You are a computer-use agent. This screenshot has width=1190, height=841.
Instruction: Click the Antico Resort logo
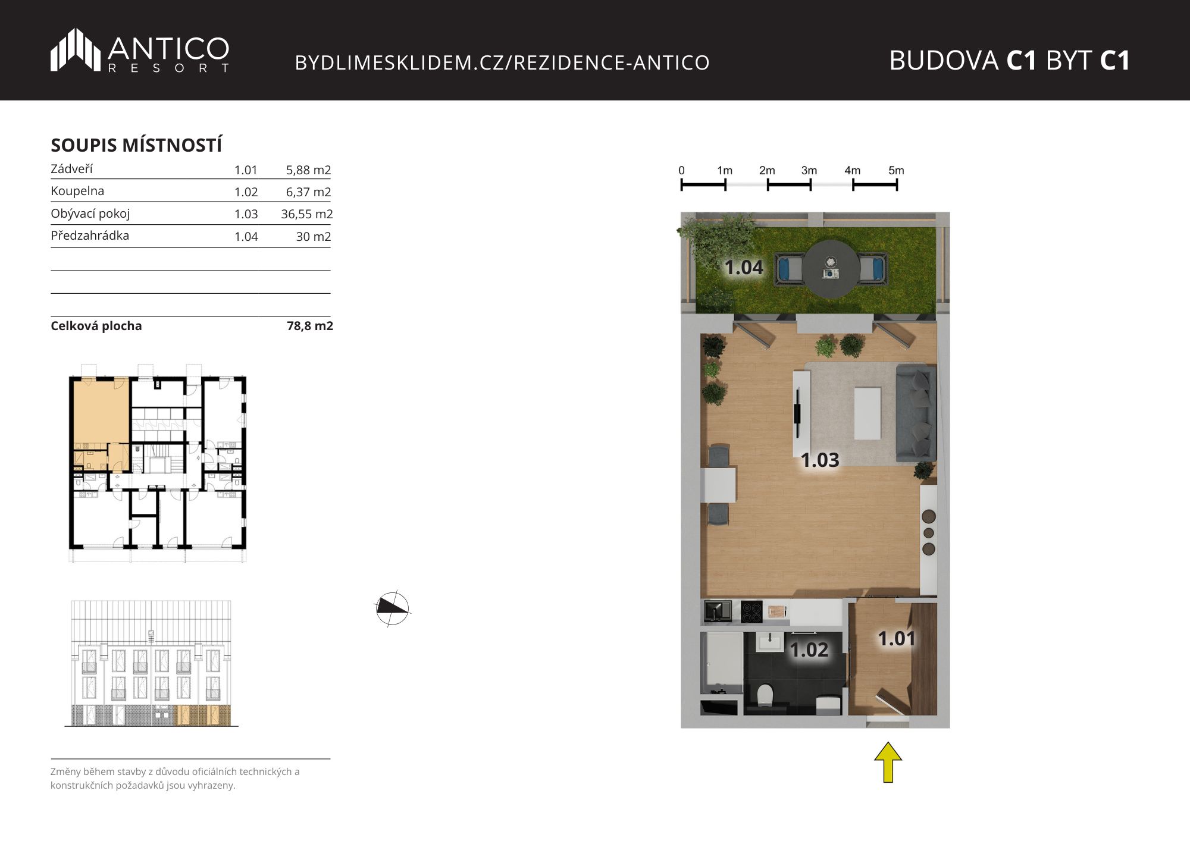(140, 51)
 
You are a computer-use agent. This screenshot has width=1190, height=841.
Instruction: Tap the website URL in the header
(502, 62)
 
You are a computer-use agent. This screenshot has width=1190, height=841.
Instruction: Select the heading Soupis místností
(136, 145)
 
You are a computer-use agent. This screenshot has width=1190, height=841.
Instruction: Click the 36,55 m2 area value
(307, 214)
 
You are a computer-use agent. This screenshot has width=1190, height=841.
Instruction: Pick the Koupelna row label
(77, 191)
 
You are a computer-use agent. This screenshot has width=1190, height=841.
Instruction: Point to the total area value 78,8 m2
(310, 326)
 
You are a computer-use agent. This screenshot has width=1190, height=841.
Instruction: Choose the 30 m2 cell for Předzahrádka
(314, 237)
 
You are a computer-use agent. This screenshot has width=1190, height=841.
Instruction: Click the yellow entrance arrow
(888, 762)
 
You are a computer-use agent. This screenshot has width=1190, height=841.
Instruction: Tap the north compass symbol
(392, 608)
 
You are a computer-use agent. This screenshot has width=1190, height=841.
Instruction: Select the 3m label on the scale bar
(809, 171)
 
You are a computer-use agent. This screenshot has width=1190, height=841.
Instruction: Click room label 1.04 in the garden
(744, 268)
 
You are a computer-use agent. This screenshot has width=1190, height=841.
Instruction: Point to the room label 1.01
(897, 639)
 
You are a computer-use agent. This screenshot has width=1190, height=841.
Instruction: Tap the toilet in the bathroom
(765, 695)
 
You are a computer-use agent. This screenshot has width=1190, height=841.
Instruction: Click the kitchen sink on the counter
(718, 611)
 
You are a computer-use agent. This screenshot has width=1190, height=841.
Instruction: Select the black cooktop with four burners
(751, 611)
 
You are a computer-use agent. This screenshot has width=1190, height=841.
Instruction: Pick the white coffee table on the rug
(868, 413)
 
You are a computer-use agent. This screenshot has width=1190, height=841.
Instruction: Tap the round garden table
(831, 269)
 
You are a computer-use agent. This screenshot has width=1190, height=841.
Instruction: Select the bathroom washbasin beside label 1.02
(771, 642)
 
